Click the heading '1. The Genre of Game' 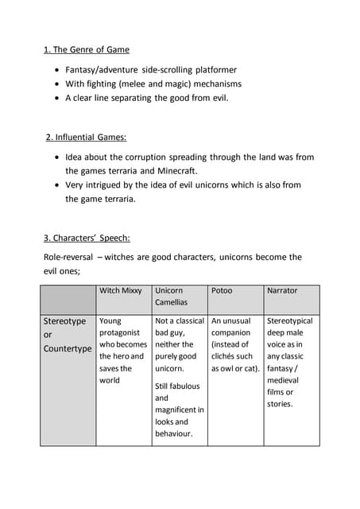(87, 49)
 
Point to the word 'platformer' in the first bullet (216, 70)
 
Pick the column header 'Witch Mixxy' (121, 290)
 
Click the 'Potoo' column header (222, 290)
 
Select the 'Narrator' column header (282, 290)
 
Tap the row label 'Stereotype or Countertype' (68, 335)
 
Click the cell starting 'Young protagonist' (123, 350)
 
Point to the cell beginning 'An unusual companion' (235, 344)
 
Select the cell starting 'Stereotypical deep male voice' (290, 362)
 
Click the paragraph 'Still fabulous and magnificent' (179, 410)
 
